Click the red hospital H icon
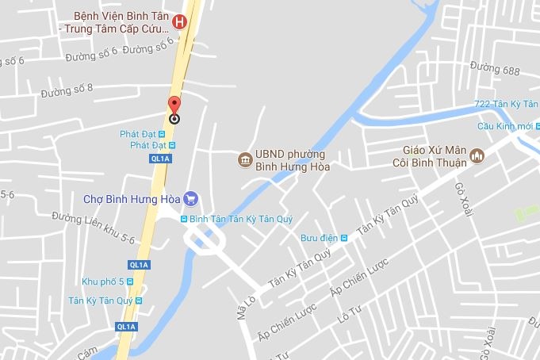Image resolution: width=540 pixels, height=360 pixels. click(x=180, y=22)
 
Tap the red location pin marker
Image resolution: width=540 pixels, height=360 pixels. click(x=174, y=109)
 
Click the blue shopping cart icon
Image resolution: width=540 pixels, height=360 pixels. click(x=190, y=198)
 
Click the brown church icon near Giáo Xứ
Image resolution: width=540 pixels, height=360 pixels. click(x=477, y=155)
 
